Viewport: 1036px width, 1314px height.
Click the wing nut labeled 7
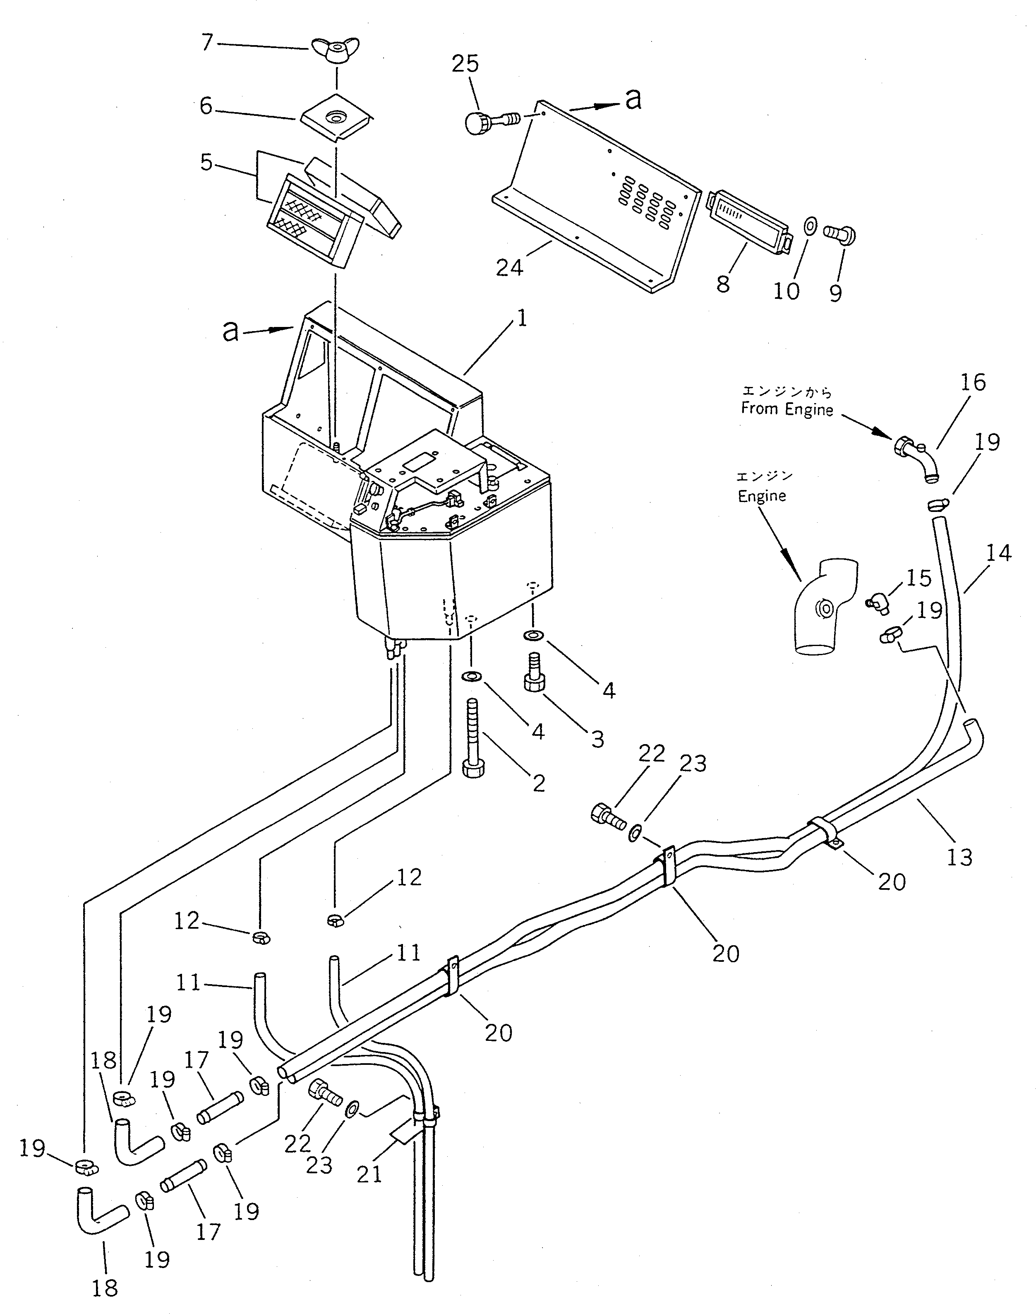coord(332,50)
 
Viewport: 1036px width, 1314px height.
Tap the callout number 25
coord(465,64)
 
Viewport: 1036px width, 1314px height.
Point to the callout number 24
coord(509,267)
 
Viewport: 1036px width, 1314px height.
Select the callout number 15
coord(919,578)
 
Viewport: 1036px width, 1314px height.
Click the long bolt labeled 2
coord(474,737)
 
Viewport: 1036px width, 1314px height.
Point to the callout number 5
coord(207,163)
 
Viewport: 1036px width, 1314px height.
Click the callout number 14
coord(998,553)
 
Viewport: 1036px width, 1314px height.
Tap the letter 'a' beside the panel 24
coord(633,99)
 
